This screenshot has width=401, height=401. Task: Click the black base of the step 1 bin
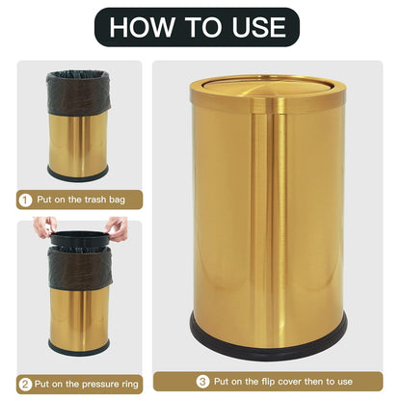click(x=78, y=174)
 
